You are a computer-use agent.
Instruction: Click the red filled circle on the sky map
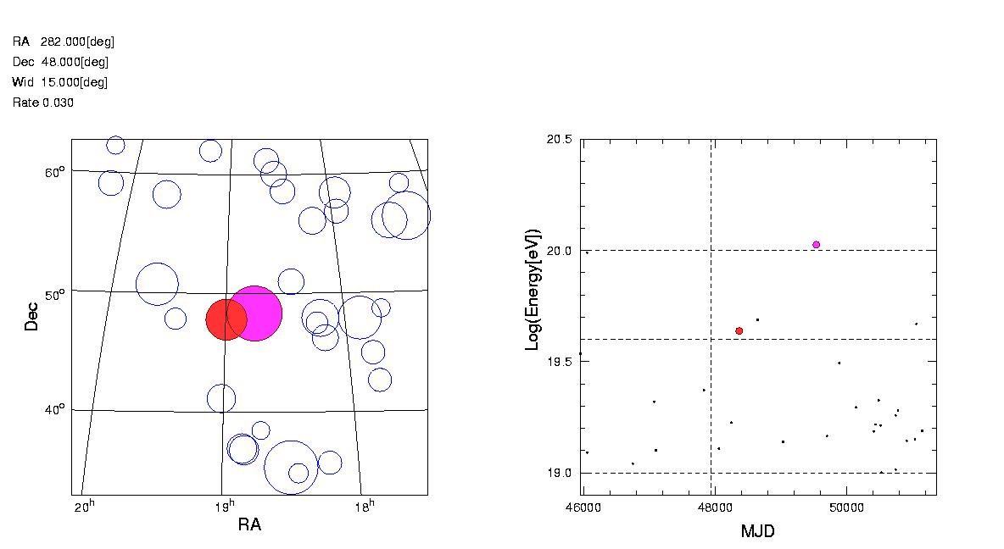point(226,319)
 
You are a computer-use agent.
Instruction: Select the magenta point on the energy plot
point(816,245)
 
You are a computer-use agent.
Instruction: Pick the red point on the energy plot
point(739,330)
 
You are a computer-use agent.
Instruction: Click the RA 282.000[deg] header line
point(64,42)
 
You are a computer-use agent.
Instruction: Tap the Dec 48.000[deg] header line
point(61,62)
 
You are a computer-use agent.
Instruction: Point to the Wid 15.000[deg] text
point(60,82)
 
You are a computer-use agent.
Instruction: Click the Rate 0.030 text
point(43,103)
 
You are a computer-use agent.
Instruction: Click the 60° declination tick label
point(54,173)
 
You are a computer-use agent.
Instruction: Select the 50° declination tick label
point(54,295)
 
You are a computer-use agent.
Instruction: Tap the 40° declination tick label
point(54,410)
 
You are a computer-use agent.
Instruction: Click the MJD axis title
point(758,531)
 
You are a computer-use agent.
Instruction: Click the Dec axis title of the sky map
point(31,316)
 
